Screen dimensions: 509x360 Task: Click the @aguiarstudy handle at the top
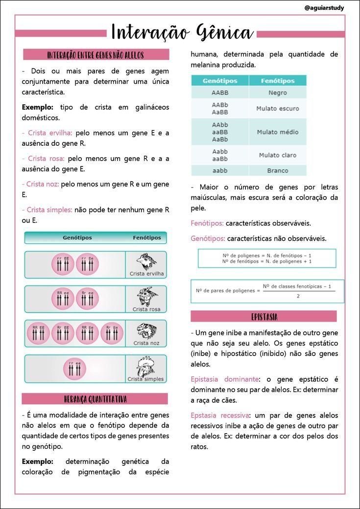(x=324, y=8)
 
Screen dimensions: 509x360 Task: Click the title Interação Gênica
(x=182, y=33)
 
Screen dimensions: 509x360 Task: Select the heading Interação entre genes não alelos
(x=96, y=55)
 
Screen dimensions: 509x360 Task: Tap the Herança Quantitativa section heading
(x=95, y=399)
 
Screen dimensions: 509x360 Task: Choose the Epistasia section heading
(x=264, y=316)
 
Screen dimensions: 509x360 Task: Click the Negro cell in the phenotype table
(x=278, y=93)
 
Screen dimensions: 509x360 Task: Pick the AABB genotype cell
(x=220, y=93)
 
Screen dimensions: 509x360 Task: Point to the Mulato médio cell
(x=278, y=132)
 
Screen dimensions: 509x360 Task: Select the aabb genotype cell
(x=220, y=171)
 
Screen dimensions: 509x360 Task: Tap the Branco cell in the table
(x=278, y=171)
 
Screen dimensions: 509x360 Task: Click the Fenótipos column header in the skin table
(x=278, y=81)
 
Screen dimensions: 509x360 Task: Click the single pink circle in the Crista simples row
(x=74, y=369)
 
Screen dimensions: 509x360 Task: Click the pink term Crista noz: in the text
(x=41, y=184)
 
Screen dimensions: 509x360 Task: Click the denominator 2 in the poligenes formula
(x=297, y=296)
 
